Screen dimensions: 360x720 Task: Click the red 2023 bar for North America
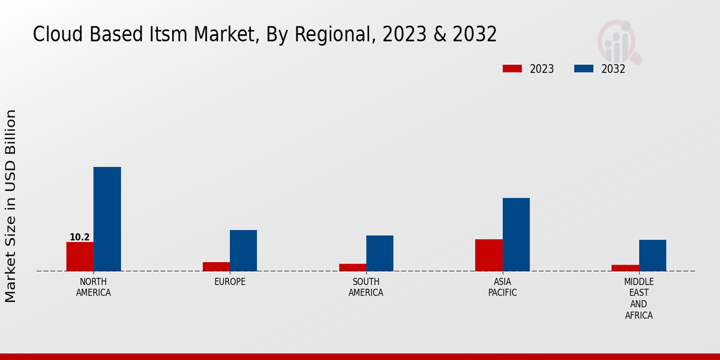[80, 256]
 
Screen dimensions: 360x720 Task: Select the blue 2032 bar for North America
[107, 219]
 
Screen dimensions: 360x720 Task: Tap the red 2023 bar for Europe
[216, 266]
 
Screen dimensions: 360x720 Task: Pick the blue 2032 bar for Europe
[243, 250]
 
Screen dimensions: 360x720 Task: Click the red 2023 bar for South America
[352, 267]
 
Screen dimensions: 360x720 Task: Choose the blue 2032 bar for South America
[380, 253]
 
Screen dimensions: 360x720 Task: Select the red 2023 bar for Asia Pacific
[488, 255]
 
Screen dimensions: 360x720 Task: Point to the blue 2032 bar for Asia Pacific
[516, 235]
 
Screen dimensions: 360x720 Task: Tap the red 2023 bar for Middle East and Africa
[625, 268]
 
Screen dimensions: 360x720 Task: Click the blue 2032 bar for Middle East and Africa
[652, 255]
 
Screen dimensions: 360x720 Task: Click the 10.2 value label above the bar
[79, 237]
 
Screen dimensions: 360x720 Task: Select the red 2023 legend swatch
[512, 68]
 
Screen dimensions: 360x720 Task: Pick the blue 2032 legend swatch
[583, 68]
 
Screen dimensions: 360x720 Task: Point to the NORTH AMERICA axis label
[94, 287]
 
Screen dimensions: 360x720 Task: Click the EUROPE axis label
[230, 282]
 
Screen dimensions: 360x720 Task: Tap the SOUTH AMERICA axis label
[366, 287]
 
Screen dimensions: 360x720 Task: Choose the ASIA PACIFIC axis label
[502, 287]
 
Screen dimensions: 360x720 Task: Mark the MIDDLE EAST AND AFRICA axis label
[638, 299]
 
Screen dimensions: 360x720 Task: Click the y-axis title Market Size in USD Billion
[11, 206]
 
